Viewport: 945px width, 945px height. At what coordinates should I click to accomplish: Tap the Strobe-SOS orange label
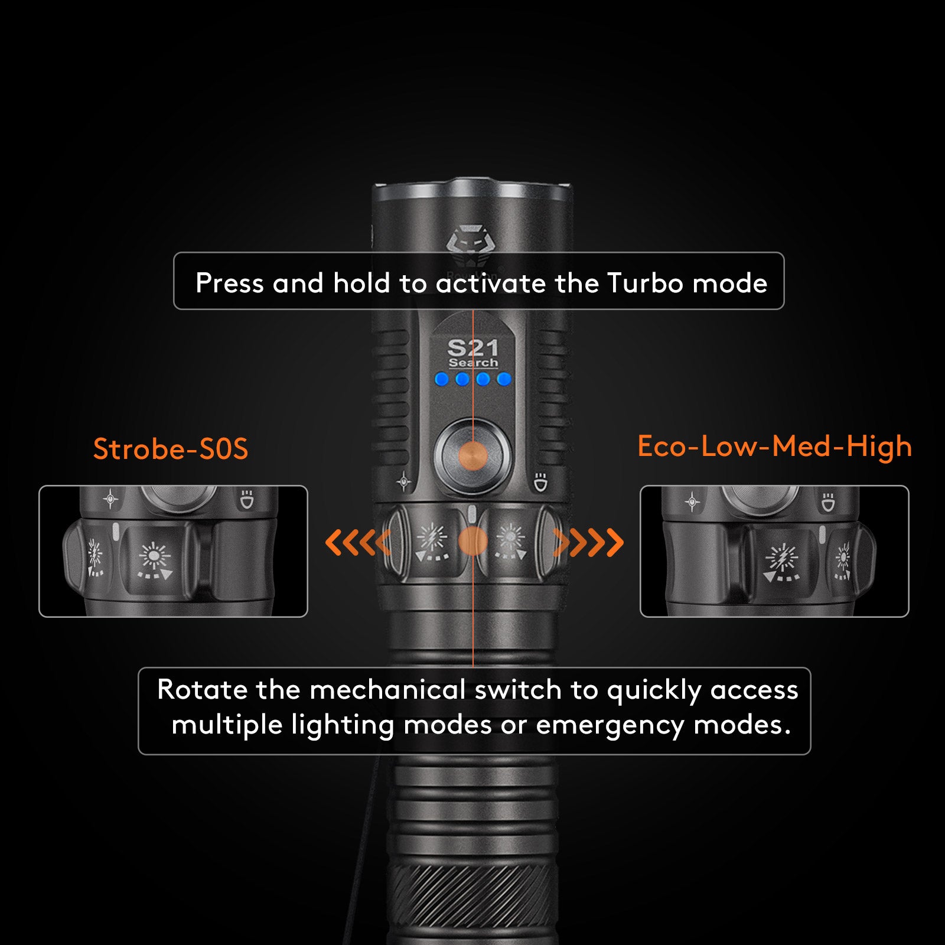point(171,449)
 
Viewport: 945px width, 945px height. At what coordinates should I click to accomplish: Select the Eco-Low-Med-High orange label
point(774,447)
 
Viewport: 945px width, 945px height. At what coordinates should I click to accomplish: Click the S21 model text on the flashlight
point(472,347)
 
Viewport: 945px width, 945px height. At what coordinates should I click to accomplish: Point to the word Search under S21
point(473,363)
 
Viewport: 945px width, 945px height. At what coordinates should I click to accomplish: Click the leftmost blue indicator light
point(441,379)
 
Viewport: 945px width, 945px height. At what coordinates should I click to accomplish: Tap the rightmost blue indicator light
point(504,379)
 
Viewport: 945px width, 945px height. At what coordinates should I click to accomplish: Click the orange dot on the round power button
point(472,457)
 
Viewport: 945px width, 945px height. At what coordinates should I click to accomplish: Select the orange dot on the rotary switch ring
point(472,541)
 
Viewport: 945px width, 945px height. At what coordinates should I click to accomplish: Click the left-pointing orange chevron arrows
point(357,542)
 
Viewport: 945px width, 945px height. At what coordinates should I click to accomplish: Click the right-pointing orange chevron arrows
point(588,542)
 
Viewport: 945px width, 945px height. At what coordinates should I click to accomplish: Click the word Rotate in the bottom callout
point(201,690)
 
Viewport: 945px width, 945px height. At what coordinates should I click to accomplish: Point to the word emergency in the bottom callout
point(610,725)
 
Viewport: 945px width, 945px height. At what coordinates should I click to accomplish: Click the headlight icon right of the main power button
point(540,482)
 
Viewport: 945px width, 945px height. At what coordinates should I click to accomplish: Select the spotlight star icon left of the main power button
point(404,482)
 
